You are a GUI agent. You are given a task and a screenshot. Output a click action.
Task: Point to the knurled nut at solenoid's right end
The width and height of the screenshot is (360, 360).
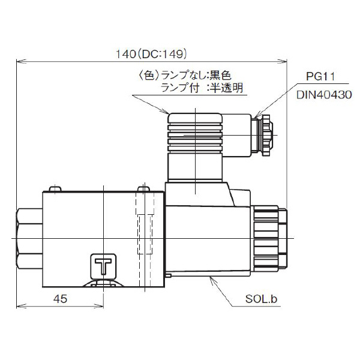270,239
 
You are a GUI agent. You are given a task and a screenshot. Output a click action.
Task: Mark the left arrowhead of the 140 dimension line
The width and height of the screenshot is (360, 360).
20,61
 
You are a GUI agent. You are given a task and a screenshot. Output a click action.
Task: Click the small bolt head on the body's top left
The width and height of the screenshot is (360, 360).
55,189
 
